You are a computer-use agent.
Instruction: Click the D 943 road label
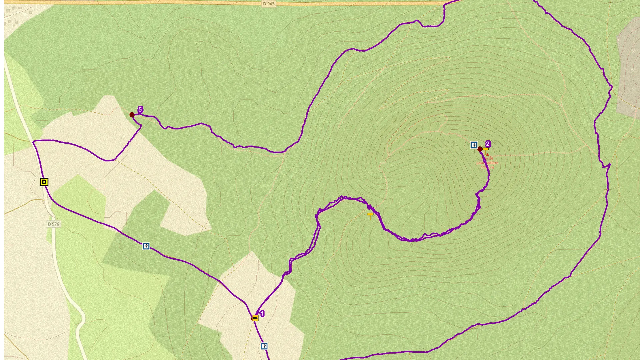tap(269, 4)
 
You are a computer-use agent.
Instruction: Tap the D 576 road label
tap(53, 224)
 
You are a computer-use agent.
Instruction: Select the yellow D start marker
tap(44, 182)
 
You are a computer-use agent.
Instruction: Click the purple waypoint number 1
tap(262, 314)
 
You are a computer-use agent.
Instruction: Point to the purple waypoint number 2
tap(488, 144)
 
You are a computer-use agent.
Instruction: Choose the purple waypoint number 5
tap(140, 109)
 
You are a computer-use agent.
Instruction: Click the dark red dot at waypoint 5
tap(132, 115)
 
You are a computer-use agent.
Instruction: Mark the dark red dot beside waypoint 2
tap(480, 149)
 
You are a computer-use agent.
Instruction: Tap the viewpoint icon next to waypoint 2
tap(474, 145)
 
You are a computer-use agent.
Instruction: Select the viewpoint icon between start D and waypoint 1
tap(146, 246)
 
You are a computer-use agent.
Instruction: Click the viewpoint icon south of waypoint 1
tap(264, 346)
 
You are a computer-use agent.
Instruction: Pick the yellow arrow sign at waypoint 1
tap(255, 318)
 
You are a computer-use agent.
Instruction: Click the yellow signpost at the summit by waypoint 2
tap(485, 150)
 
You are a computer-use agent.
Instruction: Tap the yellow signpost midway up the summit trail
tap(370, 215)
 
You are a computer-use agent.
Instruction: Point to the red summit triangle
tap(487, 155)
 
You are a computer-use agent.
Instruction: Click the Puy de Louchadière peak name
tap(487, 161)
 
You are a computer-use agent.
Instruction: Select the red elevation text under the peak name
tap(487, 167)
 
